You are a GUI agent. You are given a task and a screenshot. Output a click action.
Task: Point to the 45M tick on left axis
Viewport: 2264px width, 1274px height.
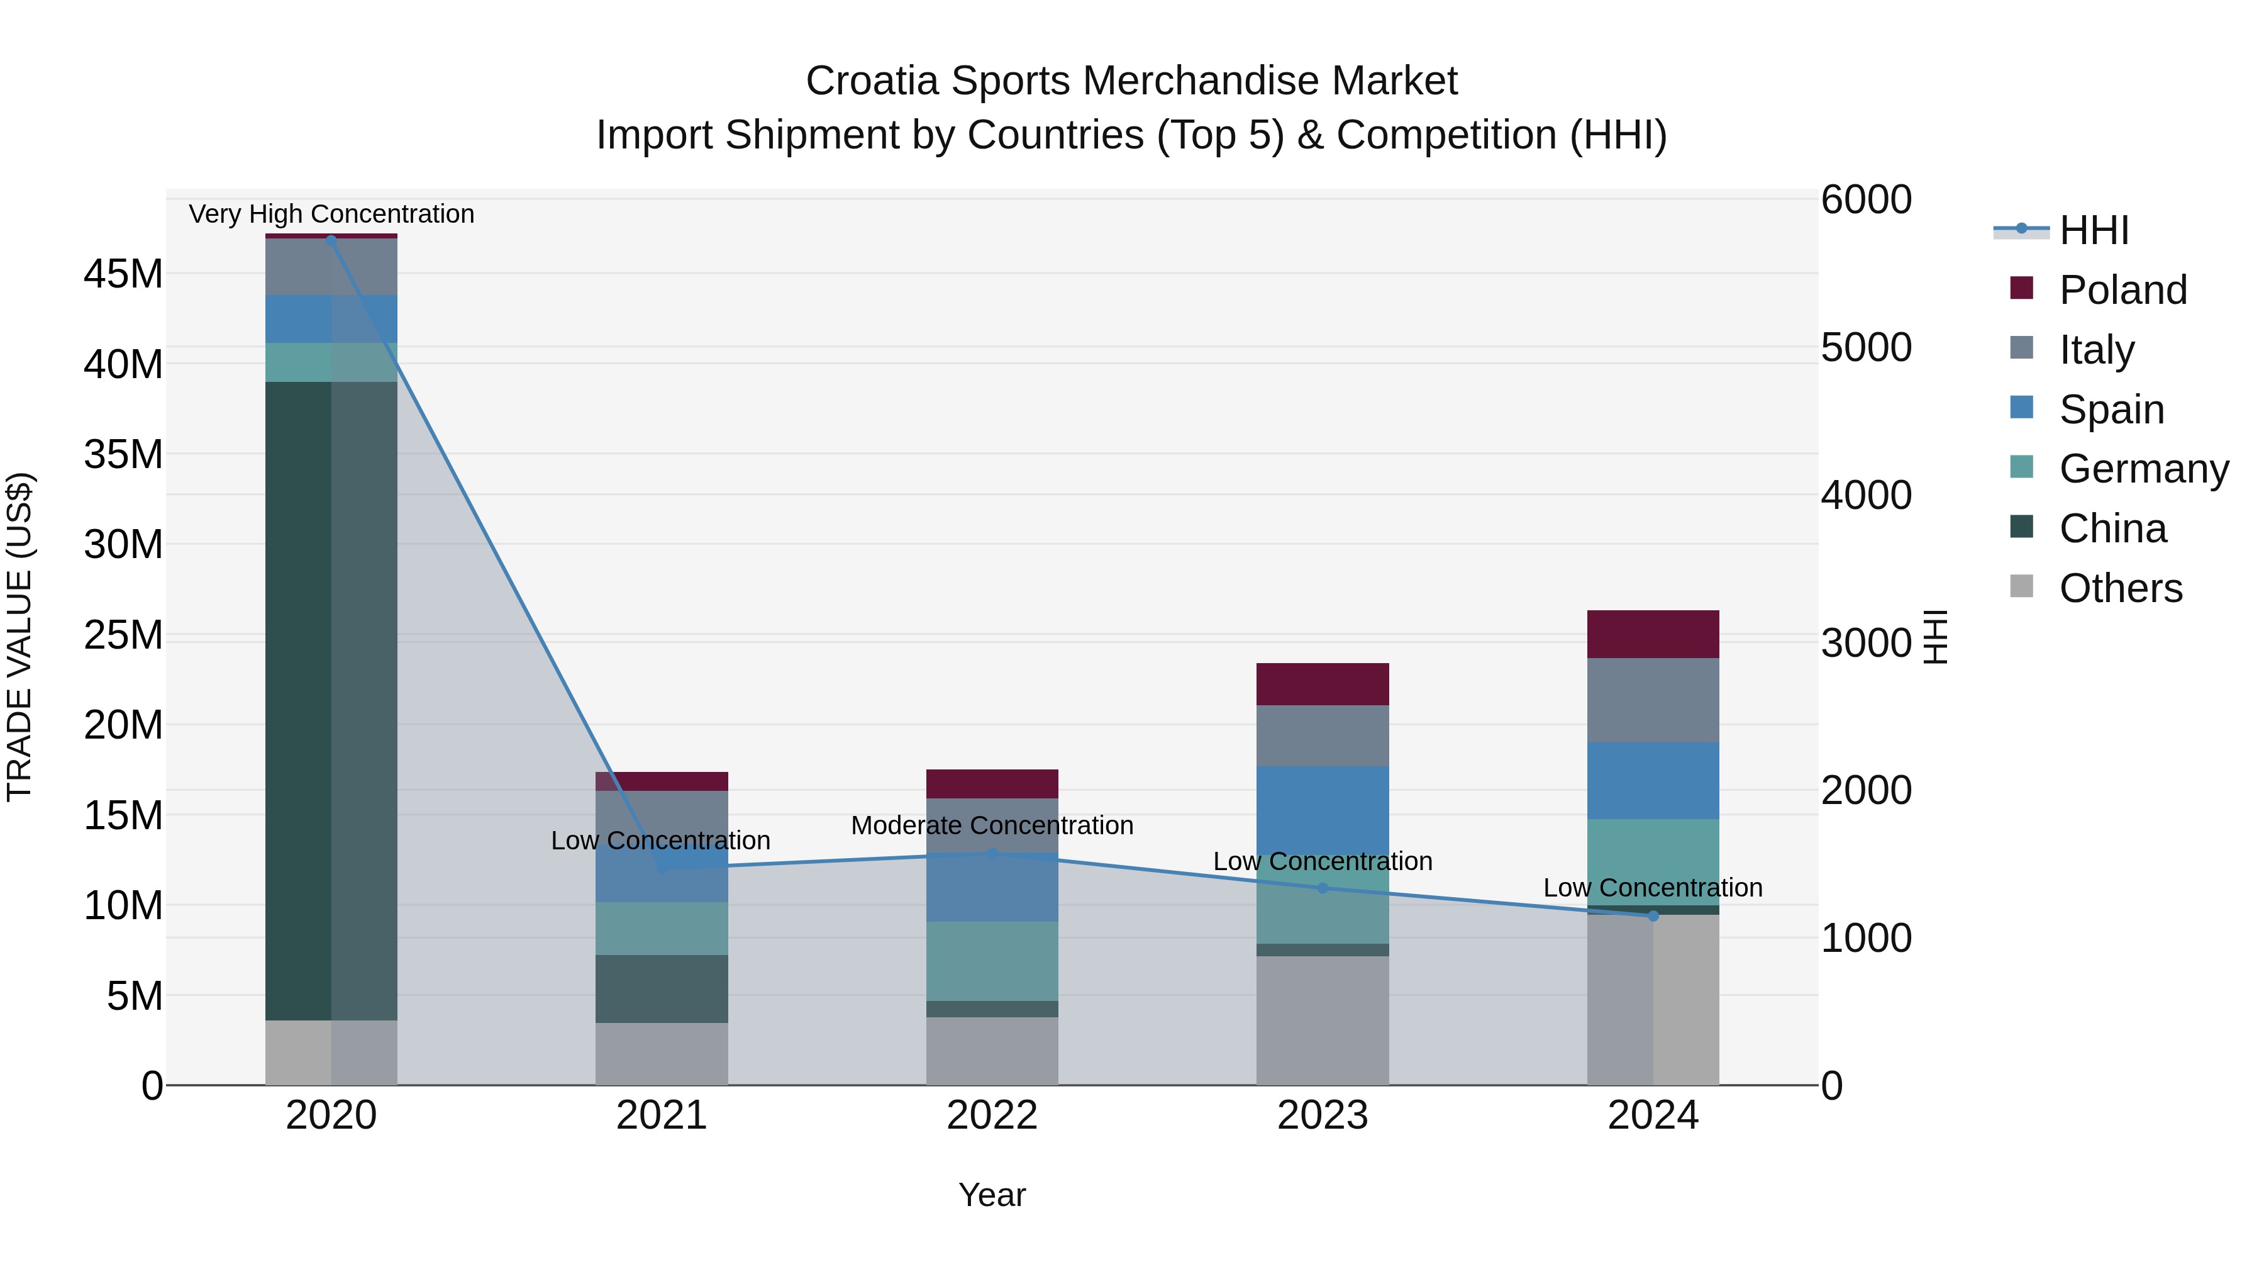coord(123,274)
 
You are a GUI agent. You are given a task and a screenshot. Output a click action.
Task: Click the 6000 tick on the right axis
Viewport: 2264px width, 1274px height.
coord(1866,199)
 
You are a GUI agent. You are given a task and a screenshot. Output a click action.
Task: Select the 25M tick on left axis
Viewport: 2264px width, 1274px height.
coord(123,635)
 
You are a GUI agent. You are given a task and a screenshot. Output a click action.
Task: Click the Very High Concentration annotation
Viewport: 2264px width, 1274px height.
coord(331,214)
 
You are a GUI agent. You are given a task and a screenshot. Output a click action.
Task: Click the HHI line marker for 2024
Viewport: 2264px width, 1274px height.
coord(1653,916)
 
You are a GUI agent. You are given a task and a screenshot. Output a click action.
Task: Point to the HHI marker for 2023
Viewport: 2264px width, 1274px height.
coord(1323,888)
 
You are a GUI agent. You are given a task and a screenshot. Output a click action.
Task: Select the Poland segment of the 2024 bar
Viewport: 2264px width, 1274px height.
coord(1653,634)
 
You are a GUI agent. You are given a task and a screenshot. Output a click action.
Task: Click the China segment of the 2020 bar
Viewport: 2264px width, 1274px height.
coord(299,701)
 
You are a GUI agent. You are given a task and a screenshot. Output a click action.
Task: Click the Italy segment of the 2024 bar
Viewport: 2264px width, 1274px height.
coord(1653,700)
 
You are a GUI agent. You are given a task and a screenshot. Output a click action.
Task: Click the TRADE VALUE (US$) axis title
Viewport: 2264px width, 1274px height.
coord(20,637)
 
